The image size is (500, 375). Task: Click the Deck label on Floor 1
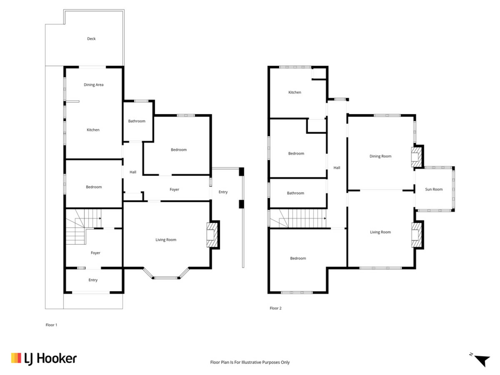pos(91,39)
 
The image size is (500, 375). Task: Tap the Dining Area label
pos(93,85)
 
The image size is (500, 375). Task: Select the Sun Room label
pos(434,189)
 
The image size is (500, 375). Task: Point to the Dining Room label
pos(380,156)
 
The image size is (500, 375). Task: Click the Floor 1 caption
pos(51,325)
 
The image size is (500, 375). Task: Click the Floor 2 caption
pos(276,308)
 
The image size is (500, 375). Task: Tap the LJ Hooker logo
pos(44,359)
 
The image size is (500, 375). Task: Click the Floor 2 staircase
pos(298,218)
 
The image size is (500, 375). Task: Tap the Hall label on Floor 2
pos(337,168)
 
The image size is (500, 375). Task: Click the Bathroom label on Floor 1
pos(137,121)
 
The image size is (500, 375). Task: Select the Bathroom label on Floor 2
pos(295,193)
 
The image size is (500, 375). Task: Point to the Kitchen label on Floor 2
pos(295,92)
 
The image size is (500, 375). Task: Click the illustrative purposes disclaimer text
pos(250,362)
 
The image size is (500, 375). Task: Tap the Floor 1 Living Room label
pos(166,240)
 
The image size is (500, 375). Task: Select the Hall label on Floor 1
pos(133,172)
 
